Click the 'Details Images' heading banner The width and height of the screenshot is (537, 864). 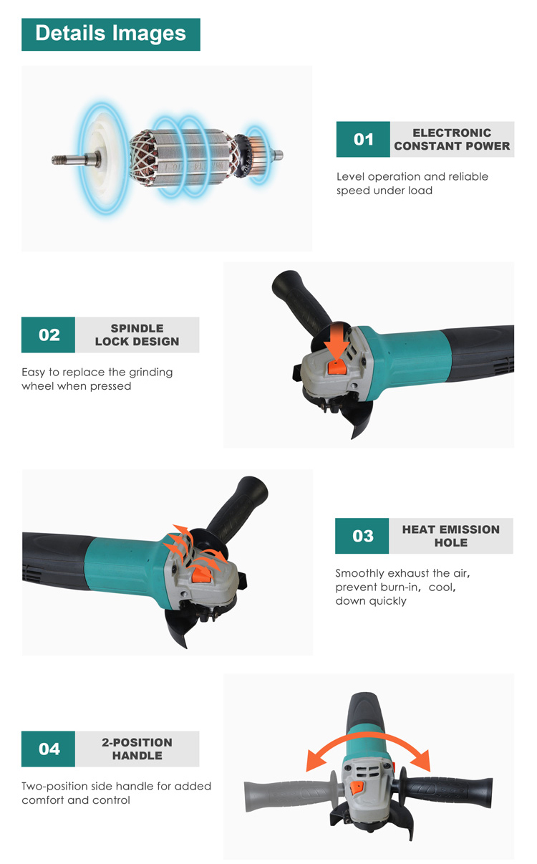(111, 34)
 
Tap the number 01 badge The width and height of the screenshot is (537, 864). (363, 139)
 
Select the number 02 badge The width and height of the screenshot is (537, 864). (48, 335)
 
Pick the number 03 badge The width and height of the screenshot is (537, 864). (362, 536)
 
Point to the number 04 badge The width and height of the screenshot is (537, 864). (48, 749)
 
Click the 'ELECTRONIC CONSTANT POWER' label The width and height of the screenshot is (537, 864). (452, 139)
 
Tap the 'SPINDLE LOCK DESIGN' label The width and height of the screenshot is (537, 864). (137, 335)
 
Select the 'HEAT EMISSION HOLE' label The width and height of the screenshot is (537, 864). (450, 536)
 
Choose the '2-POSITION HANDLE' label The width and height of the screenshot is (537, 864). (137, 749)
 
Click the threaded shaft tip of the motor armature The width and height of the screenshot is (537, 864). (59, 159)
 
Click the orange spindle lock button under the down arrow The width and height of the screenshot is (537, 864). (337, 367)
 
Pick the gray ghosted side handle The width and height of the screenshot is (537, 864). (293, 794)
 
